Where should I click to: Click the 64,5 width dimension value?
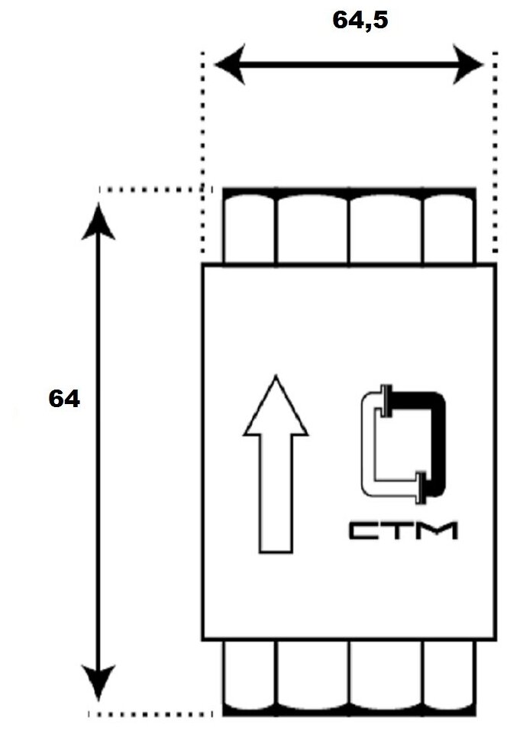[x=360, y=21]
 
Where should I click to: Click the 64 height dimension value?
[x=63, y=399]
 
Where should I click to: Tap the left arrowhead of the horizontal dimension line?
[x=228, y=65]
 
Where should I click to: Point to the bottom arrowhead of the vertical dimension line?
[x=98, y=681]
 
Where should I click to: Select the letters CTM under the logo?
[x=403, y=530]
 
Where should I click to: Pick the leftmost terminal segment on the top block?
[x=249, y=228]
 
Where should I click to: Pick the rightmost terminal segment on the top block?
[x=449, y=228]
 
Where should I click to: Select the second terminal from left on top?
[x=311, y=228]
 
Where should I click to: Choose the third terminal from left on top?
[x=386, y=228]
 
